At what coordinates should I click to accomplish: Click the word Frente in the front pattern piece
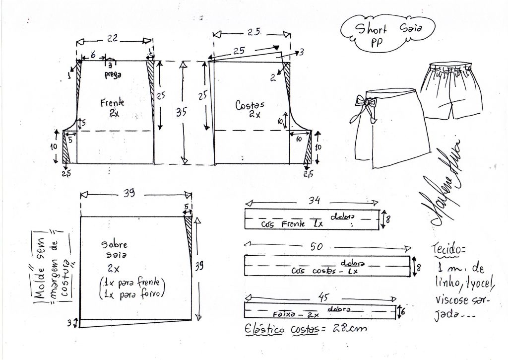[112, 103]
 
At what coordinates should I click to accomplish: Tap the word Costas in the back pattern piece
[251, 105]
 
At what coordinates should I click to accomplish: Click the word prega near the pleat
[113, 74]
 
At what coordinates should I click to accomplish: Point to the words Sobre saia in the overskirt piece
[115, 250]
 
